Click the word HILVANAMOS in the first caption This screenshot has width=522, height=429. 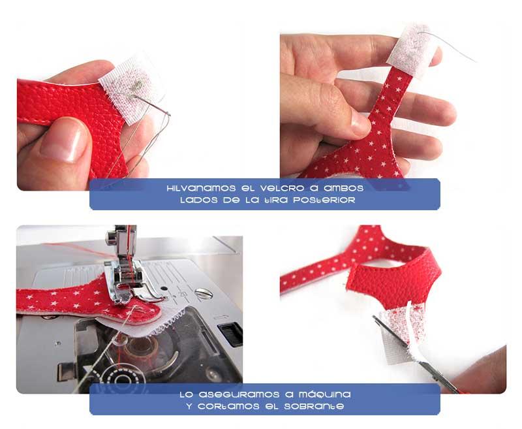click(x=196, y=188)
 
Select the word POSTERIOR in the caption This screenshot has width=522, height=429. click(x=324, y=200)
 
